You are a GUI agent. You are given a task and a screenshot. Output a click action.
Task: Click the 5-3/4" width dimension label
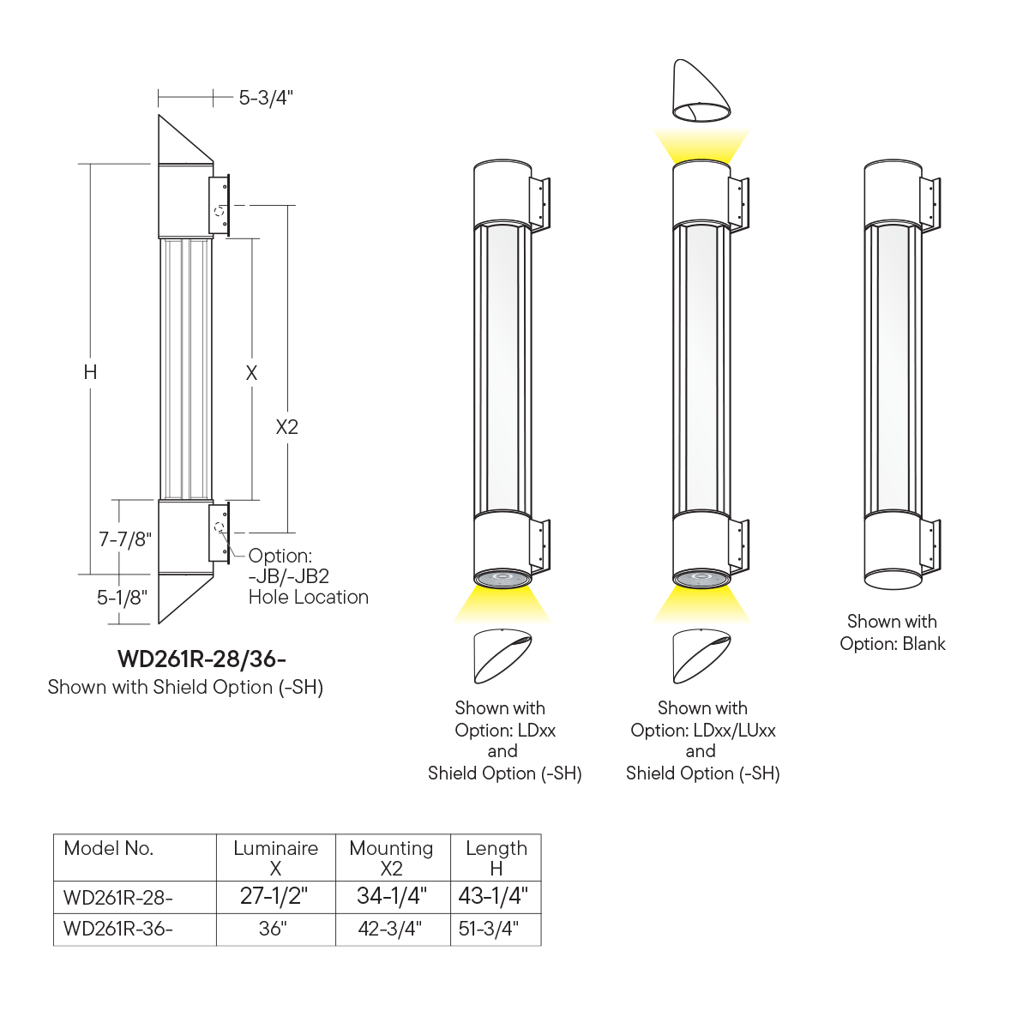point(266,98)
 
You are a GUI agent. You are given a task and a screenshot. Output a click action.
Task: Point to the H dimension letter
point(90,372)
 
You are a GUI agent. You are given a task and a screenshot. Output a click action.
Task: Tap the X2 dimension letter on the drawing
point(286,427)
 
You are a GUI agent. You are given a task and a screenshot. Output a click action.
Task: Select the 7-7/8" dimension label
point(125,539)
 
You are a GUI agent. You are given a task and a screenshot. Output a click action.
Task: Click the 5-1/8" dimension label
point(122,598)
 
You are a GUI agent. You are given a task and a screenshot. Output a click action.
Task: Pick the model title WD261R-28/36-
point(202,659)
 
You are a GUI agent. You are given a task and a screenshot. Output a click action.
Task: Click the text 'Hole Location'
point(309,597)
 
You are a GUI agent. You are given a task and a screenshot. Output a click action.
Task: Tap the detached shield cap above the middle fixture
point(701,91)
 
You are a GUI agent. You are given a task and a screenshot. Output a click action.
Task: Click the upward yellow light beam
point(701,145)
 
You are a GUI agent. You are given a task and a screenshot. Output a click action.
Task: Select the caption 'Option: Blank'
point(893,643)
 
